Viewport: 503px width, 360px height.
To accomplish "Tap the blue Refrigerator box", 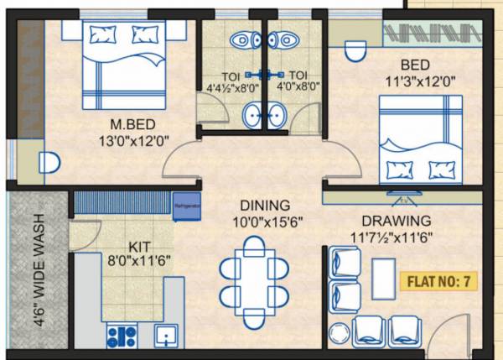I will [188, 206].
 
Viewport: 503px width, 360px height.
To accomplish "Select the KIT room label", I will [140, 247].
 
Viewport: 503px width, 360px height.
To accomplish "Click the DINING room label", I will [265, 205].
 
